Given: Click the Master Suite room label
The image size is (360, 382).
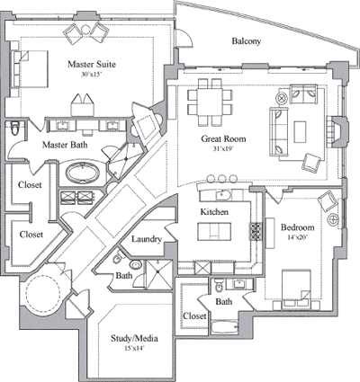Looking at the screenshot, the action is (92, 65).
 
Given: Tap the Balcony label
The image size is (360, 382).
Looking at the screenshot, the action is (247, 41).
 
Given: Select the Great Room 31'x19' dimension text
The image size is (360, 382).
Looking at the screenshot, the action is (223, 148).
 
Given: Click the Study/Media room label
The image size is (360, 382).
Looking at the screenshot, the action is (134, 338).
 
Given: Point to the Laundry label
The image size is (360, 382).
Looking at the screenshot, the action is (147, 239).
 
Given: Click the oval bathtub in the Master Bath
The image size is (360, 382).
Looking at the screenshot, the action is (83, 173).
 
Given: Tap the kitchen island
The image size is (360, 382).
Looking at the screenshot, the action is (214, 231).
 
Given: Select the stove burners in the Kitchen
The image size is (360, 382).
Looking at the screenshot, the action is (256, 231).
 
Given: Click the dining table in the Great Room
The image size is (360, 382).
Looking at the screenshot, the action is (210, 102).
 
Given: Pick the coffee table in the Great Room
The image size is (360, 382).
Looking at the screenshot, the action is (300, 131).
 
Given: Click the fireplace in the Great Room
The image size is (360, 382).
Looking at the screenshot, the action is (338, 131).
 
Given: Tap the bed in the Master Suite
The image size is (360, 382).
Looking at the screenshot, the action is (30, 69).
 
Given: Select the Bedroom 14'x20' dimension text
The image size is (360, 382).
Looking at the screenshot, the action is (297, 236).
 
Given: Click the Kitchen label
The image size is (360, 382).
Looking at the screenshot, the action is (214, 212).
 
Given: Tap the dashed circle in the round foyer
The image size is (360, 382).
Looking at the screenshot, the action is (43, 291).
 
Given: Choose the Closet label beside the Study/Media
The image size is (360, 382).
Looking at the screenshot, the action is (194, 315).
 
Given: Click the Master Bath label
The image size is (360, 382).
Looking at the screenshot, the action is (65, 145).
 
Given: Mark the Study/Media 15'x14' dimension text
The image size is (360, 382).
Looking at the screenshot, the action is (134, 348).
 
